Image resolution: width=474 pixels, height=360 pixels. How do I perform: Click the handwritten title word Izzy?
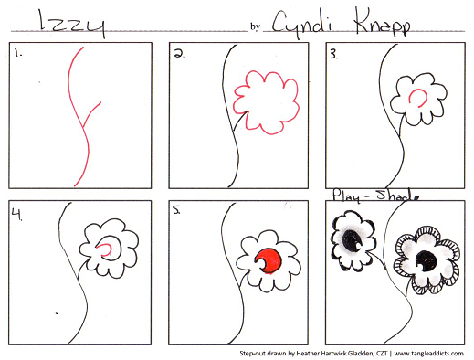[72, 24]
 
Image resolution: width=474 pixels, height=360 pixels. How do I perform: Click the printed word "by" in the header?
[255, 27]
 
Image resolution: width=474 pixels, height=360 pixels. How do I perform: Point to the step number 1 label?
[18, 54]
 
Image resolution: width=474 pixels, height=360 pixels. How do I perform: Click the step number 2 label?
[179, 54]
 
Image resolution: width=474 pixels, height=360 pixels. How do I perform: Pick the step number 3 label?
[334, 55]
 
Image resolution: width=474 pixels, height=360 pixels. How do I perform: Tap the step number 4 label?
[17, 214]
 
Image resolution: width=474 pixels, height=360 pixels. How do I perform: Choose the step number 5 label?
[176, 210]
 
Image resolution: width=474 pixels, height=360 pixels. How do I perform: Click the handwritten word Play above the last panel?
[346, 196]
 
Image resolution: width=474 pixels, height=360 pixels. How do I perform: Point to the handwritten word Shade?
[397, 196]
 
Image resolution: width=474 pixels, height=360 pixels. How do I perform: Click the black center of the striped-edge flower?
[427, 261]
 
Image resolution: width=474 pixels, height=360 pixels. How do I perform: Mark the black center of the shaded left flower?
[352, 239]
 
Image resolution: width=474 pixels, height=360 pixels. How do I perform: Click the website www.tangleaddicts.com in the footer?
[428, 354]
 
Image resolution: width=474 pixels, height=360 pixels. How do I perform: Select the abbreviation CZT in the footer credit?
[382, 354]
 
